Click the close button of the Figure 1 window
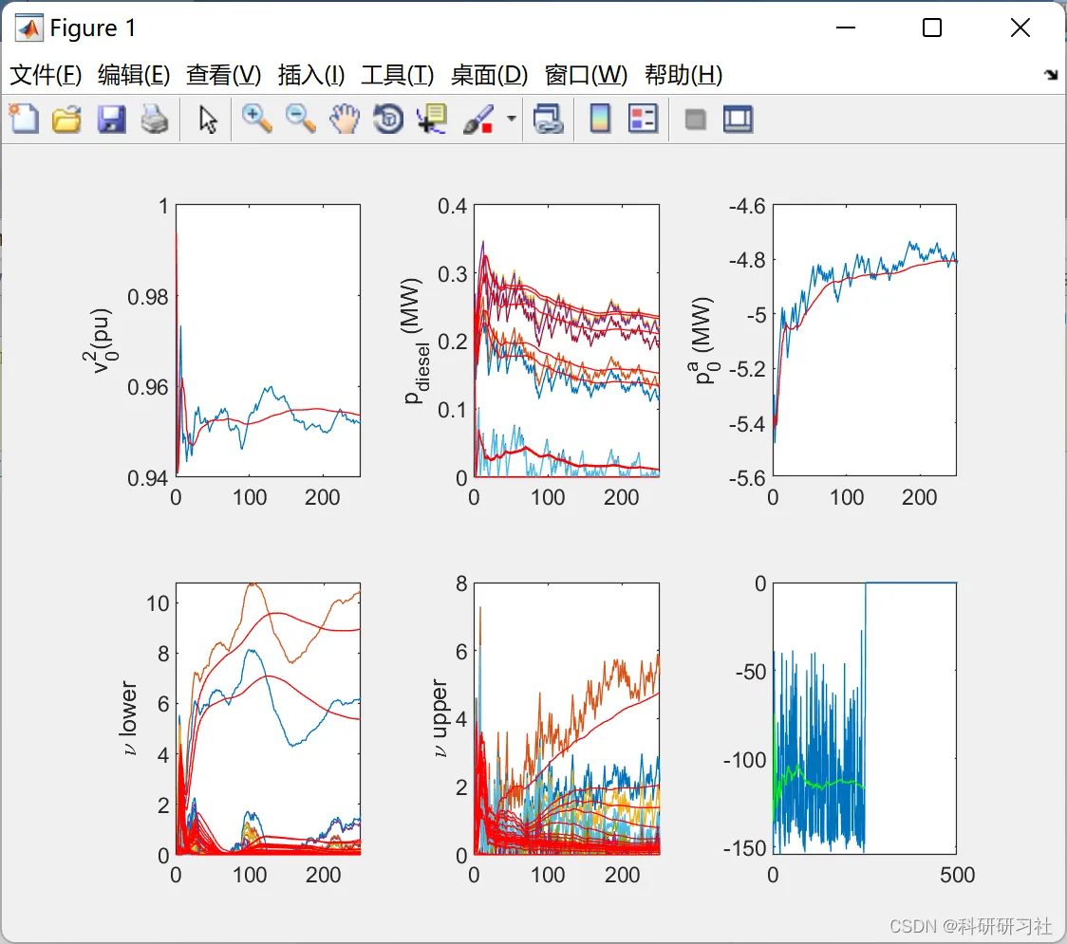(x=1020, y=28)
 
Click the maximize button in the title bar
(x=932, y=28)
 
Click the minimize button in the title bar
(x=844, y=28)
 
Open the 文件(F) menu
(x=46, y=75)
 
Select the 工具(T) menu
(x=397, y=75)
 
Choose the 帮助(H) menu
(x=683, y=75)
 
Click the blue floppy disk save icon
(x=112, y=120)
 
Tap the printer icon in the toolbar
(x=155, y=120)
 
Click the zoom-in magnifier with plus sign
(x=256, y=120)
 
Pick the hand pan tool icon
(x=345, y=120)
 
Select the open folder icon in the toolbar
(x=66, y=120)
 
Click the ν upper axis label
(x=440, y=718)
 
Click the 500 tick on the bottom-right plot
(x=956, y=875)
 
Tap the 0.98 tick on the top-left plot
(x=147, y=297)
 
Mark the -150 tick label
(x=743, y=847)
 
